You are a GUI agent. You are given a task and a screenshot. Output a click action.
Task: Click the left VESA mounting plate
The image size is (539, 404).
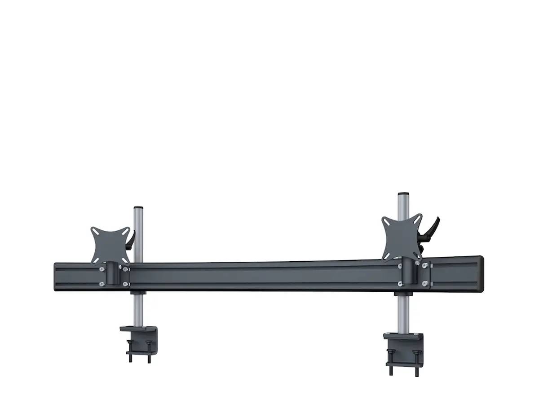click(110, 245)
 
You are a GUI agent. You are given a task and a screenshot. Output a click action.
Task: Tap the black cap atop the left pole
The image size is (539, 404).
click(138, 208)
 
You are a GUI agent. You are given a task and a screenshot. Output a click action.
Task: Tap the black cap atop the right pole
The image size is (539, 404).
click(402, 194)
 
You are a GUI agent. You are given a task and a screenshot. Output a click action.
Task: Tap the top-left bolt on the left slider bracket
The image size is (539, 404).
click(102, 269)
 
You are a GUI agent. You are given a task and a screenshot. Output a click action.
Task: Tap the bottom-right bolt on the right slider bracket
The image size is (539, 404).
click(425, 283)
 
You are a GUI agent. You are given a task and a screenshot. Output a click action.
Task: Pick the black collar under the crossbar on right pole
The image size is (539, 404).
click(401, 294)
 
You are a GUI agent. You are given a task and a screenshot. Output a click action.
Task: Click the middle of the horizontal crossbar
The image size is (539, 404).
click(269, 274)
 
